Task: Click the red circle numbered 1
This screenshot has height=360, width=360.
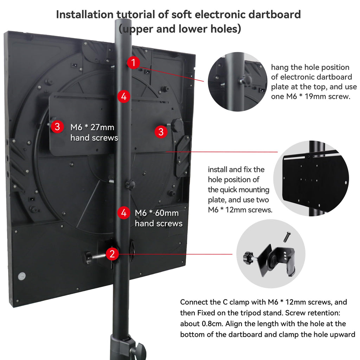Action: coord(133,63)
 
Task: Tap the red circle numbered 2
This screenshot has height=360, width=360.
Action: coord(112,254)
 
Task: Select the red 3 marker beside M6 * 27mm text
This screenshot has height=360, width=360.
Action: coord(57,127)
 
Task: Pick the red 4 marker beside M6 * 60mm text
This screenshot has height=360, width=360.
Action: coord(123,213)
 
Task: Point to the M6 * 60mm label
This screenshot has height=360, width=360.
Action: coord(157,213)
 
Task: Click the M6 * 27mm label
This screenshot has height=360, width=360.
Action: coord(92,127)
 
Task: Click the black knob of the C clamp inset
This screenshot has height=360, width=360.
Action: coord(248,257)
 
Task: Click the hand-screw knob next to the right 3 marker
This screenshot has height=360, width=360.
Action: coord(177,125)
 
